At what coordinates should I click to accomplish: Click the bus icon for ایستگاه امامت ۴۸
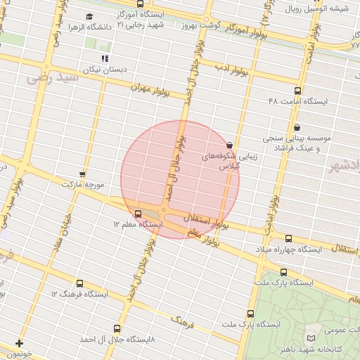(297, 91)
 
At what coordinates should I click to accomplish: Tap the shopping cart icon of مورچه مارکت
(82, 174)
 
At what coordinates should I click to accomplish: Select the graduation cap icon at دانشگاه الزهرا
(89, 16)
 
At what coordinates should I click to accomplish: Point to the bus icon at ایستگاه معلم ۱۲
(138, 213)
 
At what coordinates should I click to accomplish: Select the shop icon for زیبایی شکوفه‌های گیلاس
(230, 145)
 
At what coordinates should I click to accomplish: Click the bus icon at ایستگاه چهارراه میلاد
(288, 239)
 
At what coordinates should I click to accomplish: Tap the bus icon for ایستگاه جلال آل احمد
(117, 328)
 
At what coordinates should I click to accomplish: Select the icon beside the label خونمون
(19, 344)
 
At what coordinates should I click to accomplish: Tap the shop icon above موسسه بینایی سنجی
(297, 128)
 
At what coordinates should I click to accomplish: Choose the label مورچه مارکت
(83, 184)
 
